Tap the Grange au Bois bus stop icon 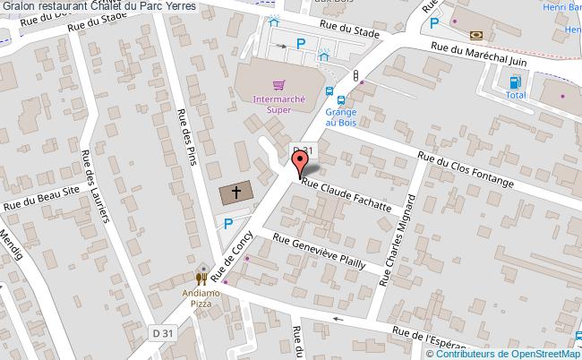[330, 92]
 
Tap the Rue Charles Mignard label [399, 240]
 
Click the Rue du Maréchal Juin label [477, 56]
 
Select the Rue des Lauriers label [95, 187]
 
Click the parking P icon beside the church [228, 223]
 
